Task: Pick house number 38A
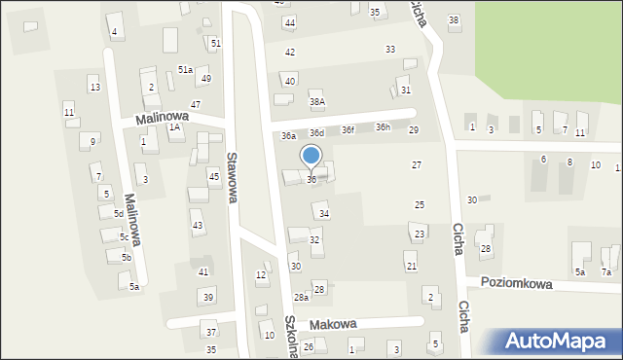click(316, 101)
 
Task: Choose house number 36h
click(383, 127)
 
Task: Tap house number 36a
click(288, 136)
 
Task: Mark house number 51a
click(185, 70)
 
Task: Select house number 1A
click(175, 126)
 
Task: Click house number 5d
click(118, 213)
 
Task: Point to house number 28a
click(302, 297)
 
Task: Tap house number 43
click(198, 226)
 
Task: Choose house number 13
click(94, 88)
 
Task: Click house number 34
click(324, 213)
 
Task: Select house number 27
click(416, 165)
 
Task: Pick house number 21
click(412, 266)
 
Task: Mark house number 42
click(289, 52)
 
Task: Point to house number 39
click(207, 297)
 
